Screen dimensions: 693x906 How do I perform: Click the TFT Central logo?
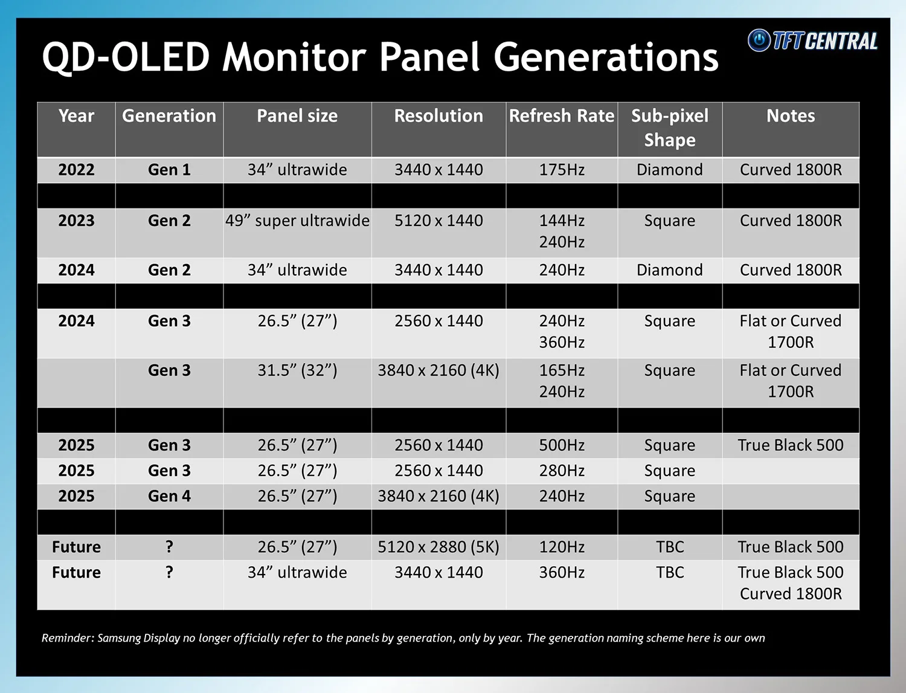click(812, 40)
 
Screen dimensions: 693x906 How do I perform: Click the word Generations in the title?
click(606, 57)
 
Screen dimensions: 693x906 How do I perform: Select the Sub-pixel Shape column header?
click(669, 127)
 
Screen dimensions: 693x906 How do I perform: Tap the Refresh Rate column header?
click(561, 116)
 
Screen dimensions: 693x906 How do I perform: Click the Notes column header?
click(790, 116)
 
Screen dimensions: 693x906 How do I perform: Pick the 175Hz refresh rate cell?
click(561, 170)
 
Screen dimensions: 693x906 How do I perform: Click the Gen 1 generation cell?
click(169, 170)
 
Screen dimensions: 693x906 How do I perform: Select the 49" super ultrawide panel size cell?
click(297, 221)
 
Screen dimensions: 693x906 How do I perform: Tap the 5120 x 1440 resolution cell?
click(439, 221)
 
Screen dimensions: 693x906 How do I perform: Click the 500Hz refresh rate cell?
click(561, 445)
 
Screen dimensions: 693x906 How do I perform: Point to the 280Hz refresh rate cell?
click(561, 471)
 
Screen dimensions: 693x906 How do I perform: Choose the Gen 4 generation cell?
click(169, 496)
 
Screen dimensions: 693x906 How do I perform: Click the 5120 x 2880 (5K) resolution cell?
click(439, 547)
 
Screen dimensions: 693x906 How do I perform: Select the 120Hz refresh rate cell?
click(561, 547)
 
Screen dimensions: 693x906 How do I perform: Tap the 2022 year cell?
click(76, 170)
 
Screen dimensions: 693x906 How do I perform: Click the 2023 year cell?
click(76, 221)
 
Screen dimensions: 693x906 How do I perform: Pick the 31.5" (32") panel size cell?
click(297, 370)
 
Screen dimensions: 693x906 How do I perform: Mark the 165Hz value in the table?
click(561, 370)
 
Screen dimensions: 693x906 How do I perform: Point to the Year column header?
click(76, 116)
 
